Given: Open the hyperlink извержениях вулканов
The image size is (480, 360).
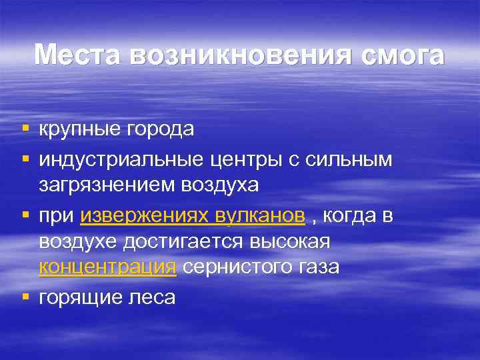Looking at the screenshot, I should [x=193, y=216].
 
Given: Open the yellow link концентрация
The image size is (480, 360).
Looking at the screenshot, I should [x=108, y=267].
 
